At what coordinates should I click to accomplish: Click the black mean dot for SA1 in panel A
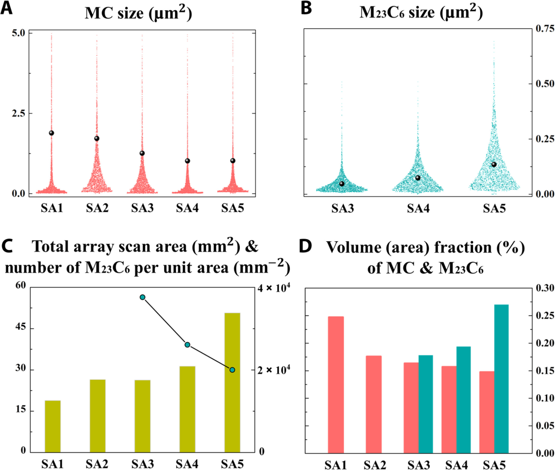pyautogui.click(x=51, y=133)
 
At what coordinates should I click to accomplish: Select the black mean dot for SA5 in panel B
pyautogui.click(x=494, y=164)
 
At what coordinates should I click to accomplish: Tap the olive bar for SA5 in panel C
pyautogui.click(x=232, y=382)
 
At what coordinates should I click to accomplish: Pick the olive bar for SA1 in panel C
pyautogui.click(x=53, y=426)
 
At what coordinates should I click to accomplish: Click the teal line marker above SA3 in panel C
pyautogui.click(x=143, y=297)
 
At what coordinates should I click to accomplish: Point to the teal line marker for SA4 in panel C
pyautogui.click(x=187, y=345)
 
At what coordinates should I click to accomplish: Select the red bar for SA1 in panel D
pyautogui.click(x=336, y=384)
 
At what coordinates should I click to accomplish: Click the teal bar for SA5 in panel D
pyautogui.click(x=501, y=379)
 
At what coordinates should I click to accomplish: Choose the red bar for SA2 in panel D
pyautogui.click(x=374, y=404)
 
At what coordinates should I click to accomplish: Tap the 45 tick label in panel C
pyautogui.click(x=21, y=328)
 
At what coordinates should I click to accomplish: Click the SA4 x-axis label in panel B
pyautogui.click(x=418, y=209)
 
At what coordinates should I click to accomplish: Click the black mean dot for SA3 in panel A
pyautogui.click(x=142, y=153)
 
